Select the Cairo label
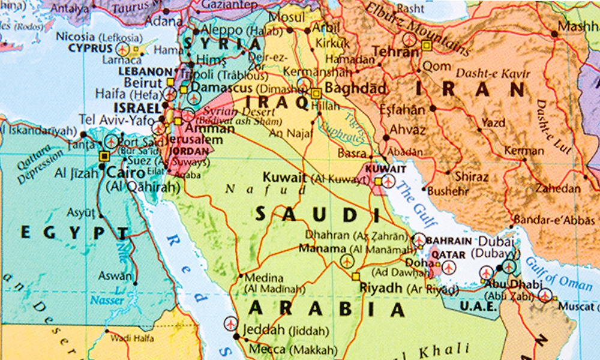point(125,173)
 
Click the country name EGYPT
point(74,233)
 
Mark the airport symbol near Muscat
point(544,295)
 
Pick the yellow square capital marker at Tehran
point(427,45)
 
